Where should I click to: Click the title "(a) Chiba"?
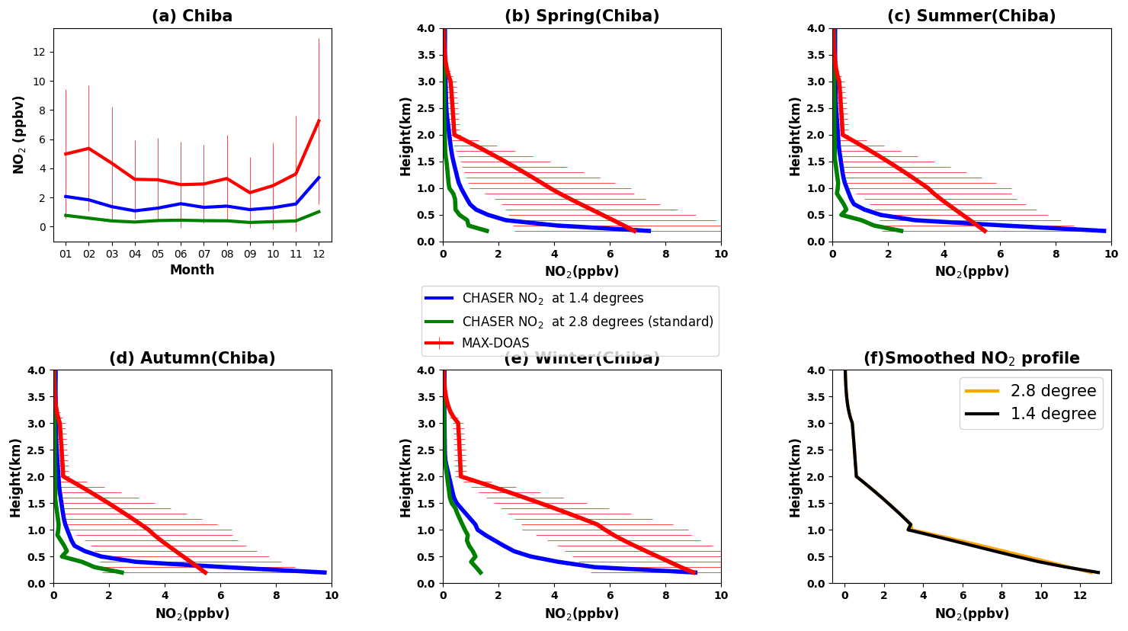[192, 16]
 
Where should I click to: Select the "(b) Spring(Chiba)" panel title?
[582, 16]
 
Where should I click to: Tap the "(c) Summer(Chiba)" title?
[971, 16]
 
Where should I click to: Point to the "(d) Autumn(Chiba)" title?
[192, 358]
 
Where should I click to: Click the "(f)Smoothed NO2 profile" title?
[971, 358]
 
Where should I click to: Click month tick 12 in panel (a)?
[319, 253]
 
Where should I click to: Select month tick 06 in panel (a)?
[181, 253]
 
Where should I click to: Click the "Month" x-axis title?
[192, 270]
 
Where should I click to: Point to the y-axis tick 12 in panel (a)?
[40, 52]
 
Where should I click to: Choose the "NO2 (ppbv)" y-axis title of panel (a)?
[19, 135]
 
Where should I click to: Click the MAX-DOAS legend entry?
[495, 343]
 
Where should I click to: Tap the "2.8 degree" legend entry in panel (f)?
[1053, 391]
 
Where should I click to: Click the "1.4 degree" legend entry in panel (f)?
[1053, 414]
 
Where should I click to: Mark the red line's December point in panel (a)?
[319, 120]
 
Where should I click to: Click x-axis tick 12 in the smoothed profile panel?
[1080, 595]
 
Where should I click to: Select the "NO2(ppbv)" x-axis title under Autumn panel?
[192, 613]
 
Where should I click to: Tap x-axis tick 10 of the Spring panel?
[720, 253]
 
